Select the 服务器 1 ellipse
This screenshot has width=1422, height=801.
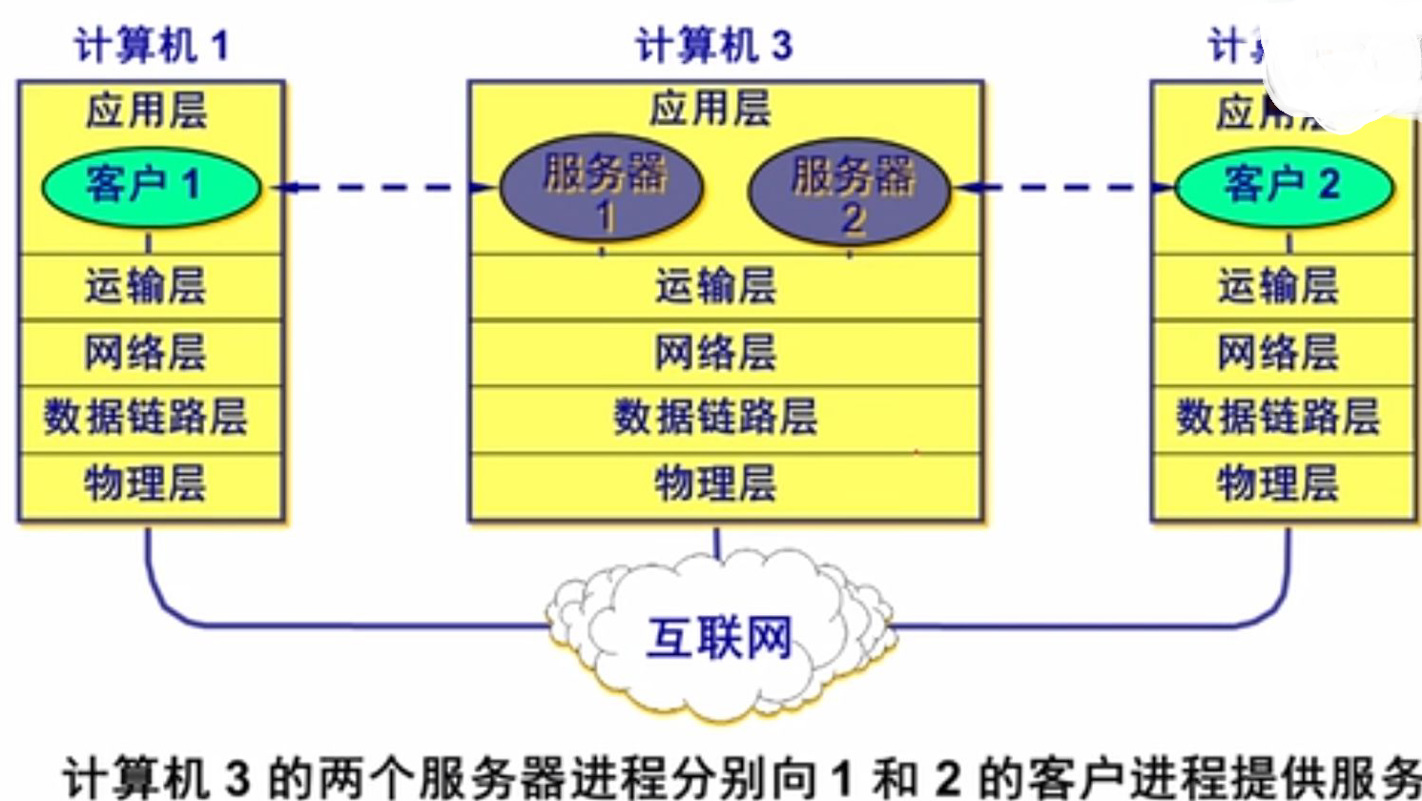point(602,188)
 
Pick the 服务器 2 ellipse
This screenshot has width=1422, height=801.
point(850,191)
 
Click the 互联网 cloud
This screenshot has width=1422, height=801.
point(720,634)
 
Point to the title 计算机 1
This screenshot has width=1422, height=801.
point(151,46)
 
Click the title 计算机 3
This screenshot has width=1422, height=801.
point(713,46)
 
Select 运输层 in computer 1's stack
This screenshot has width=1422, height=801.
point(146,286)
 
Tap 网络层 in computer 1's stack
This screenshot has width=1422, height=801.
point(146,353)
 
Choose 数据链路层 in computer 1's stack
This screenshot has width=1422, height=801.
point(146,418)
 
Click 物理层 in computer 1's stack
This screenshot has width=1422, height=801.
point(146,483)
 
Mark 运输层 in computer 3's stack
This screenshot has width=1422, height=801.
point(715,286)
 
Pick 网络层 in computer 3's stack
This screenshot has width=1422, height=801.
point(715,353)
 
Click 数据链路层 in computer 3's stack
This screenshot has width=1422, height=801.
point(715,418)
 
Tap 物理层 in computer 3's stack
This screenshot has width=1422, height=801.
point(715,483)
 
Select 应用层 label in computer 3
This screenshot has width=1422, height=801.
point(710,109)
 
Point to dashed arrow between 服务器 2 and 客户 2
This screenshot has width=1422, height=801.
point(1063,188)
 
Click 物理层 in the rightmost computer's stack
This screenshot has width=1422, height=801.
point(1278,483)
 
